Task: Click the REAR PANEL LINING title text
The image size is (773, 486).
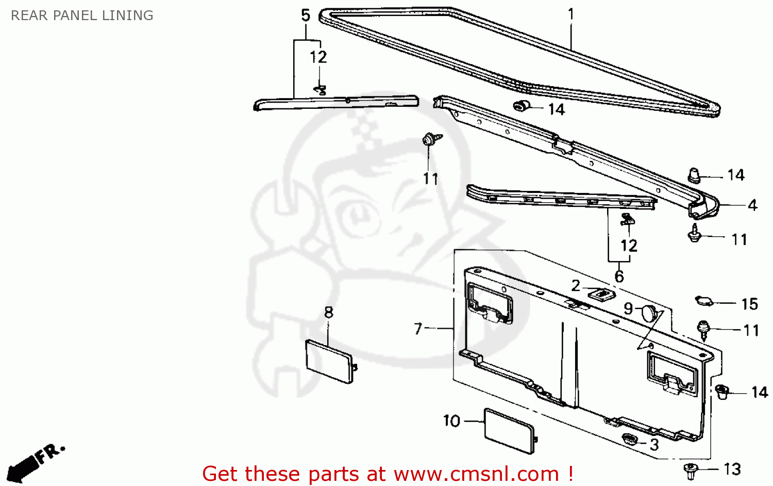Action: (82, 15)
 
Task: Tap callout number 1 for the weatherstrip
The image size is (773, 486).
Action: (570, 14)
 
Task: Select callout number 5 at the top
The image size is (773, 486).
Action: (306, 15)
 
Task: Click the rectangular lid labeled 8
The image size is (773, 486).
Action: (329, 361)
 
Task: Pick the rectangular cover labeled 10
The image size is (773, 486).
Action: (510, 431)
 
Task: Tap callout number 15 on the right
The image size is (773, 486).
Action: (749, 304)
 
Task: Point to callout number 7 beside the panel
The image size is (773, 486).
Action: (418, 328)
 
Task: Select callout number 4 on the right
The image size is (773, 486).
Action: (752, 205)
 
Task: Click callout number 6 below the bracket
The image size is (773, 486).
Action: (619, 276)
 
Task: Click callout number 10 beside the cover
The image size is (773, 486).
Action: (451, 421)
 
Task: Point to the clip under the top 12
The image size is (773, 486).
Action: (320, 90)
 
